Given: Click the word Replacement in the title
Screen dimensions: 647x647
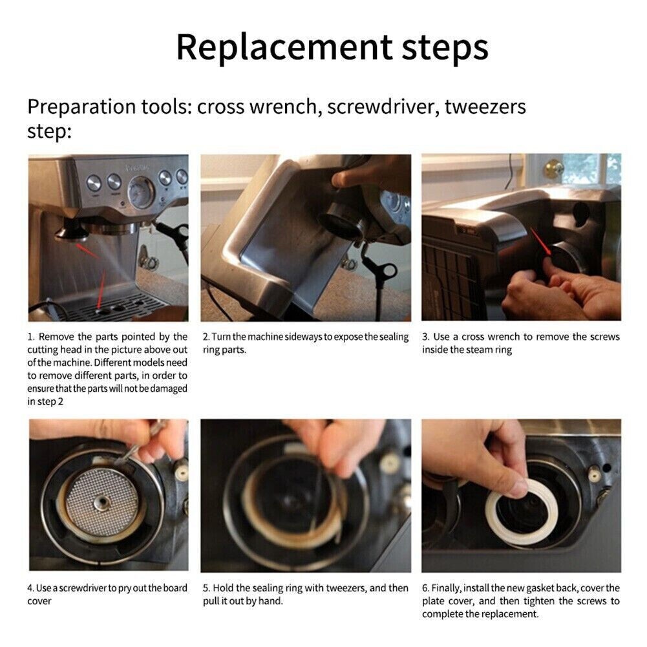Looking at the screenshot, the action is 284,47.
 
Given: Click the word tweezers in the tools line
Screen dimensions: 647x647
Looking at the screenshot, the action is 485,107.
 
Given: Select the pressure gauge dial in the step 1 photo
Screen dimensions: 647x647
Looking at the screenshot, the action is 141,192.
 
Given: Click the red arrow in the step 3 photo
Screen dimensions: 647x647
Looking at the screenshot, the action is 541,242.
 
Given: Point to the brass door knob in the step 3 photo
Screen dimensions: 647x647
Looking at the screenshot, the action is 554,169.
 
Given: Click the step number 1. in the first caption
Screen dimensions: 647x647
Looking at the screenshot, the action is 32,337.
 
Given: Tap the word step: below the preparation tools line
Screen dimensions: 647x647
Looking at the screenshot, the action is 49,133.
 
